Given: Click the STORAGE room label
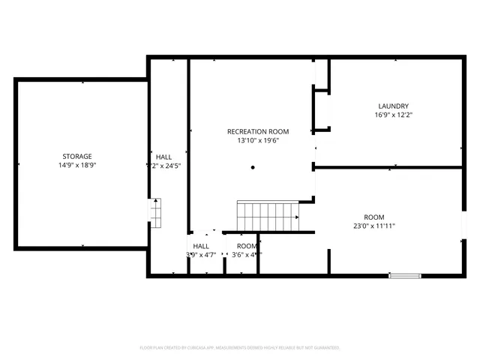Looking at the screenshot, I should tap(76, 156).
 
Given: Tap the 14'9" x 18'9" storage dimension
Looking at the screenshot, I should tap(76, 165).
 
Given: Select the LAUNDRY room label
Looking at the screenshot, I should tap(394, 106).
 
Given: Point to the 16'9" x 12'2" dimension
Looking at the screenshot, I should tap(394, 115).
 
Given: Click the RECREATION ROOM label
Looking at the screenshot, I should tap(257, 131).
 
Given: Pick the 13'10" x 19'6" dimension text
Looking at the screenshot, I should tap(257, 140).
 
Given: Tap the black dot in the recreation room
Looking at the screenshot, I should tap(253, 167).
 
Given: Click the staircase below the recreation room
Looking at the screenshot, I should tap(268, 216).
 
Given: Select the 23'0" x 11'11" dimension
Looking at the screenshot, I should tap(373, 226).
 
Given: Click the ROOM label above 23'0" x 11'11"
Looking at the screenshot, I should tap(374, 217).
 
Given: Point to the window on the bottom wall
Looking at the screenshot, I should tap(403, 276).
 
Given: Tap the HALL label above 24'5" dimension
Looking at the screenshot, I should tap(163, 157).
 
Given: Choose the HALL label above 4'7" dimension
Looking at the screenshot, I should tap(201, 246).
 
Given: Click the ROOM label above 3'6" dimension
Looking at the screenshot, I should tap(247, 246).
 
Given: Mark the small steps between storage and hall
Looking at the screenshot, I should tap(155, 212).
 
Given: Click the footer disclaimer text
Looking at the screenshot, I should tap(240, 348).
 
